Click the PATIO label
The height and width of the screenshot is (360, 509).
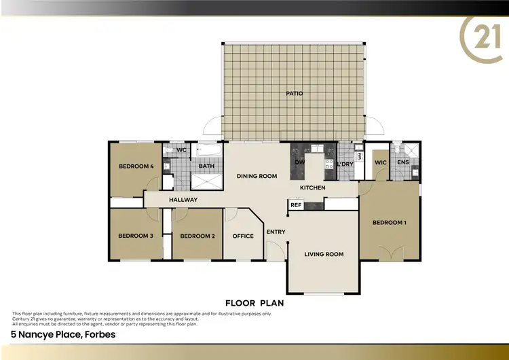point(295,94)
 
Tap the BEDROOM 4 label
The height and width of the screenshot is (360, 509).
point(136,166)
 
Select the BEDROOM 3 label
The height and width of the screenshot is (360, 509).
point(136,236)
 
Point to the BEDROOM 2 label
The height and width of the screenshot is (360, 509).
point(197,236)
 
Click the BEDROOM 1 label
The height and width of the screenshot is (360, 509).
point(390,223)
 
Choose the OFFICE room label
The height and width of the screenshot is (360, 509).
point(243,236)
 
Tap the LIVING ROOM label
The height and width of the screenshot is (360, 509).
point(324,254)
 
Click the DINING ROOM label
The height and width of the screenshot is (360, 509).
point(257,177)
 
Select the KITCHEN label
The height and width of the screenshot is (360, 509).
point(313,187)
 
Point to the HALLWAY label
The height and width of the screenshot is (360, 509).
point(183,200)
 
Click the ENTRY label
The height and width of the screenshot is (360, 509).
point(276,232)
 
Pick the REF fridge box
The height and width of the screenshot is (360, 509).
point(296,204)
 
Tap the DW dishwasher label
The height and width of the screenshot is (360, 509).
point(299,163)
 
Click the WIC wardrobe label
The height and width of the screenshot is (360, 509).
point(380,162)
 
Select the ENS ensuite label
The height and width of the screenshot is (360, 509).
point(403,162)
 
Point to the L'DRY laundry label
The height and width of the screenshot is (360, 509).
point(345,164)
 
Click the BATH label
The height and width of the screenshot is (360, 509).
point(206,166)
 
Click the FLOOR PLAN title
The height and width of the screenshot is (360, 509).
point(254,303)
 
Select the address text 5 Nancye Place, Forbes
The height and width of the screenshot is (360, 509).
point(62,334)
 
